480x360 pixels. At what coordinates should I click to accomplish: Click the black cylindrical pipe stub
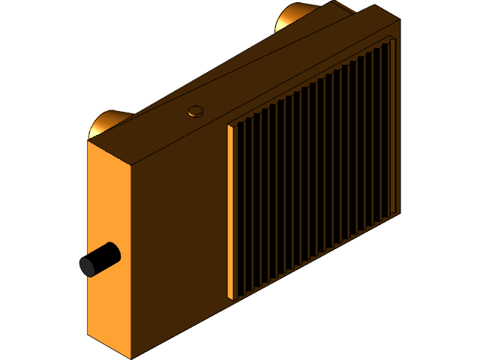105,257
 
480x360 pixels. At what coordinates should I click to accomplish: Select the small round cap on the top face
196,112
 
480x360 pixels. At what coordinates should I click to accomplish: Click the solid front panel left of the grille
180,240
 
